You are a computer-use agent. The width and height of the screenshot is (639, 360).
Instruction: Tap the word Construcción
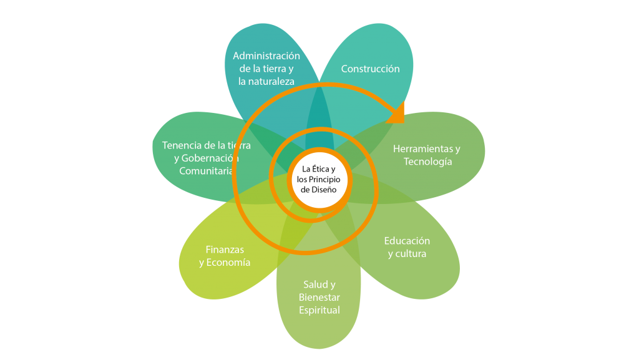pos(370,69)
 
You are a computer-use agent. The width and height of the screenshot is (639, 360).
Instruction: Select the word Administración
pos(266,56)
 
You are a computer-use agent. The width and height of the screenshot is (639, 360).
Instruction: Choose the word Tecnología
pos(427,162)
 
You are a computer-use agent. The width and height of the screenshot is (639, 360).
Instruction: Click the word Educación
pos(407,241)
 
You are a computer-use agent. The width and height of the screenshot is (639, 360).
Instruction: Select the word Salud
pos(315,285)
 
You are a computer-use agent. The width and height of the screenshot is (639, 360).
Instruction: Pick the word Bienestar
pos(319,297)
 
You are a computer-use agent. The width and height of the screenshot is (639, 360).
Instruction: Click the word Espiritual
pos(319,310)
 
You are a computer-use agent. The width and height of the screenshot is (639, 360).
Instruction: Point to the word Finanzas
pos(225,250)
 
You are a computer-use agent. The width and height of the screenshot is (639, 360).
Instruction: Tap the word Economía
pos(229,263)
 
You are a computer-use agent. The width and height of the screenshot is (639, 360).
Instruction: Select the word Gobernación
pos(210,158)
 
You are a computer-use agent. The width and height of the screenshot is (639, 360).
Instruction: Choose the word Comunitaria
pos(207,171)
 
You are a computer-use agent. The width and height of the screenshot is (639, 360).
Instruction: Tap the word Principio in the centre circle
pos(323,179)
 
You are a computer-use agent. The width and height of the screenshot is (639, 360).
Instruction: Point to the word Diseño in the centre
pos(323,189)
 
